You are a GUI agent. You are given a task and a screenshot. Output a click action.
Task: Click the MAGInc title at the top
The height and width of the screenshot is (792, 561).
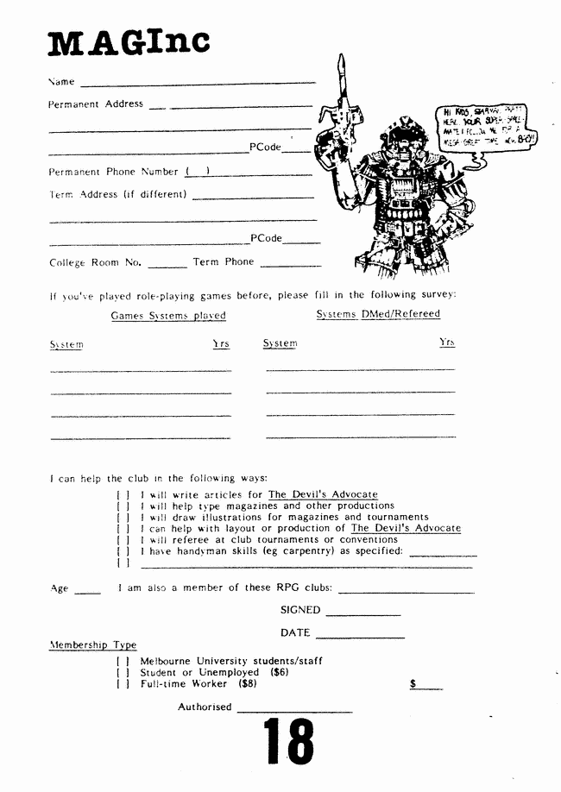coord(129,41)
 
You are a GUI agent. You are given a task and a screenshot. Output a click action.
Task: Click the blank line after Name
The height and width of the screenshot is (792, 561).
coord(198,83)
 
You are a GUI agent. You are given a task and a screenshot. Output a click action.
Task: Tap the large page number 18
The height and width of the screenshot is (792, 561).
coord(288,741)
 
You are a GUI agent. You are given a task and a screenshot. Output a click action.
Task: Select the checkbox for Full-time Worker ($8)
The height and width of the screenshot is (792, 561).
coord(123,684)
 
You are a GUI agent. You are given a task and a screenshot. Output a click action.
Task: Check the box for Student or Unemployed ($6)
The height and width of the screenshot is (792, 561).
coord(123,673)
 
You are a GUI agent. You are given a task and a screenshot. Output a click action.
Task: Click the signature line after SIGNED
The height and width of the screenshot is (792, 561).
coord(363,613)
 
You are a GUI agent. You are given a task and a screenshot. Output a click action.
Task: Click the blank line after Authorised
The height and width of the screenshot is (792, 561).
coord(294,710)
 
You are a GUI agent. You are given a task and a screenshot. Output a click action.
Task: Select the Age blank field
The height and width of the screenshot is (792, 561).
coord(87,592)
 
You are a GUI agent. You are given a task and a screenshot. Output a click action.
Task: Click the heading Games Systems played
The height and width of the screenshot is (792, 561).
coord(168,316)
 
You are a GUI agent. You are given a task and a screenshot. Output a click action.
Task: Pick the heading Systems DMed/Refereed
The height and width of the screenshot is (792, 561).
coord(378,314)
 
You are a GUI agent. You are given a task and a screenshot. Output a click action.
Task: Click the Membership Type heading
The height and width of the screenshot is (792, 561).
coord(93,645)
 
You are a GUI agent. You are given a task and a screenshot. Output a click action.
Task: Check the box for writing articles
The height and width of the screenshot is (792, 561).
coord(123,495)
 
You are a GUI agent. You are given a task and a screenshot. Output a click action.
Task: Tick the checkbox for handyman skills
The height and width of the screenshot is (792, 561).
coord(123,551)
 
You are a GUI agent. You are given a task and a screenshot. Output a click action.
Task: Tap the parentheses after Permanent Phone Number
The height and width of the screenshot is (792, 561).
coord(199,171)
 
